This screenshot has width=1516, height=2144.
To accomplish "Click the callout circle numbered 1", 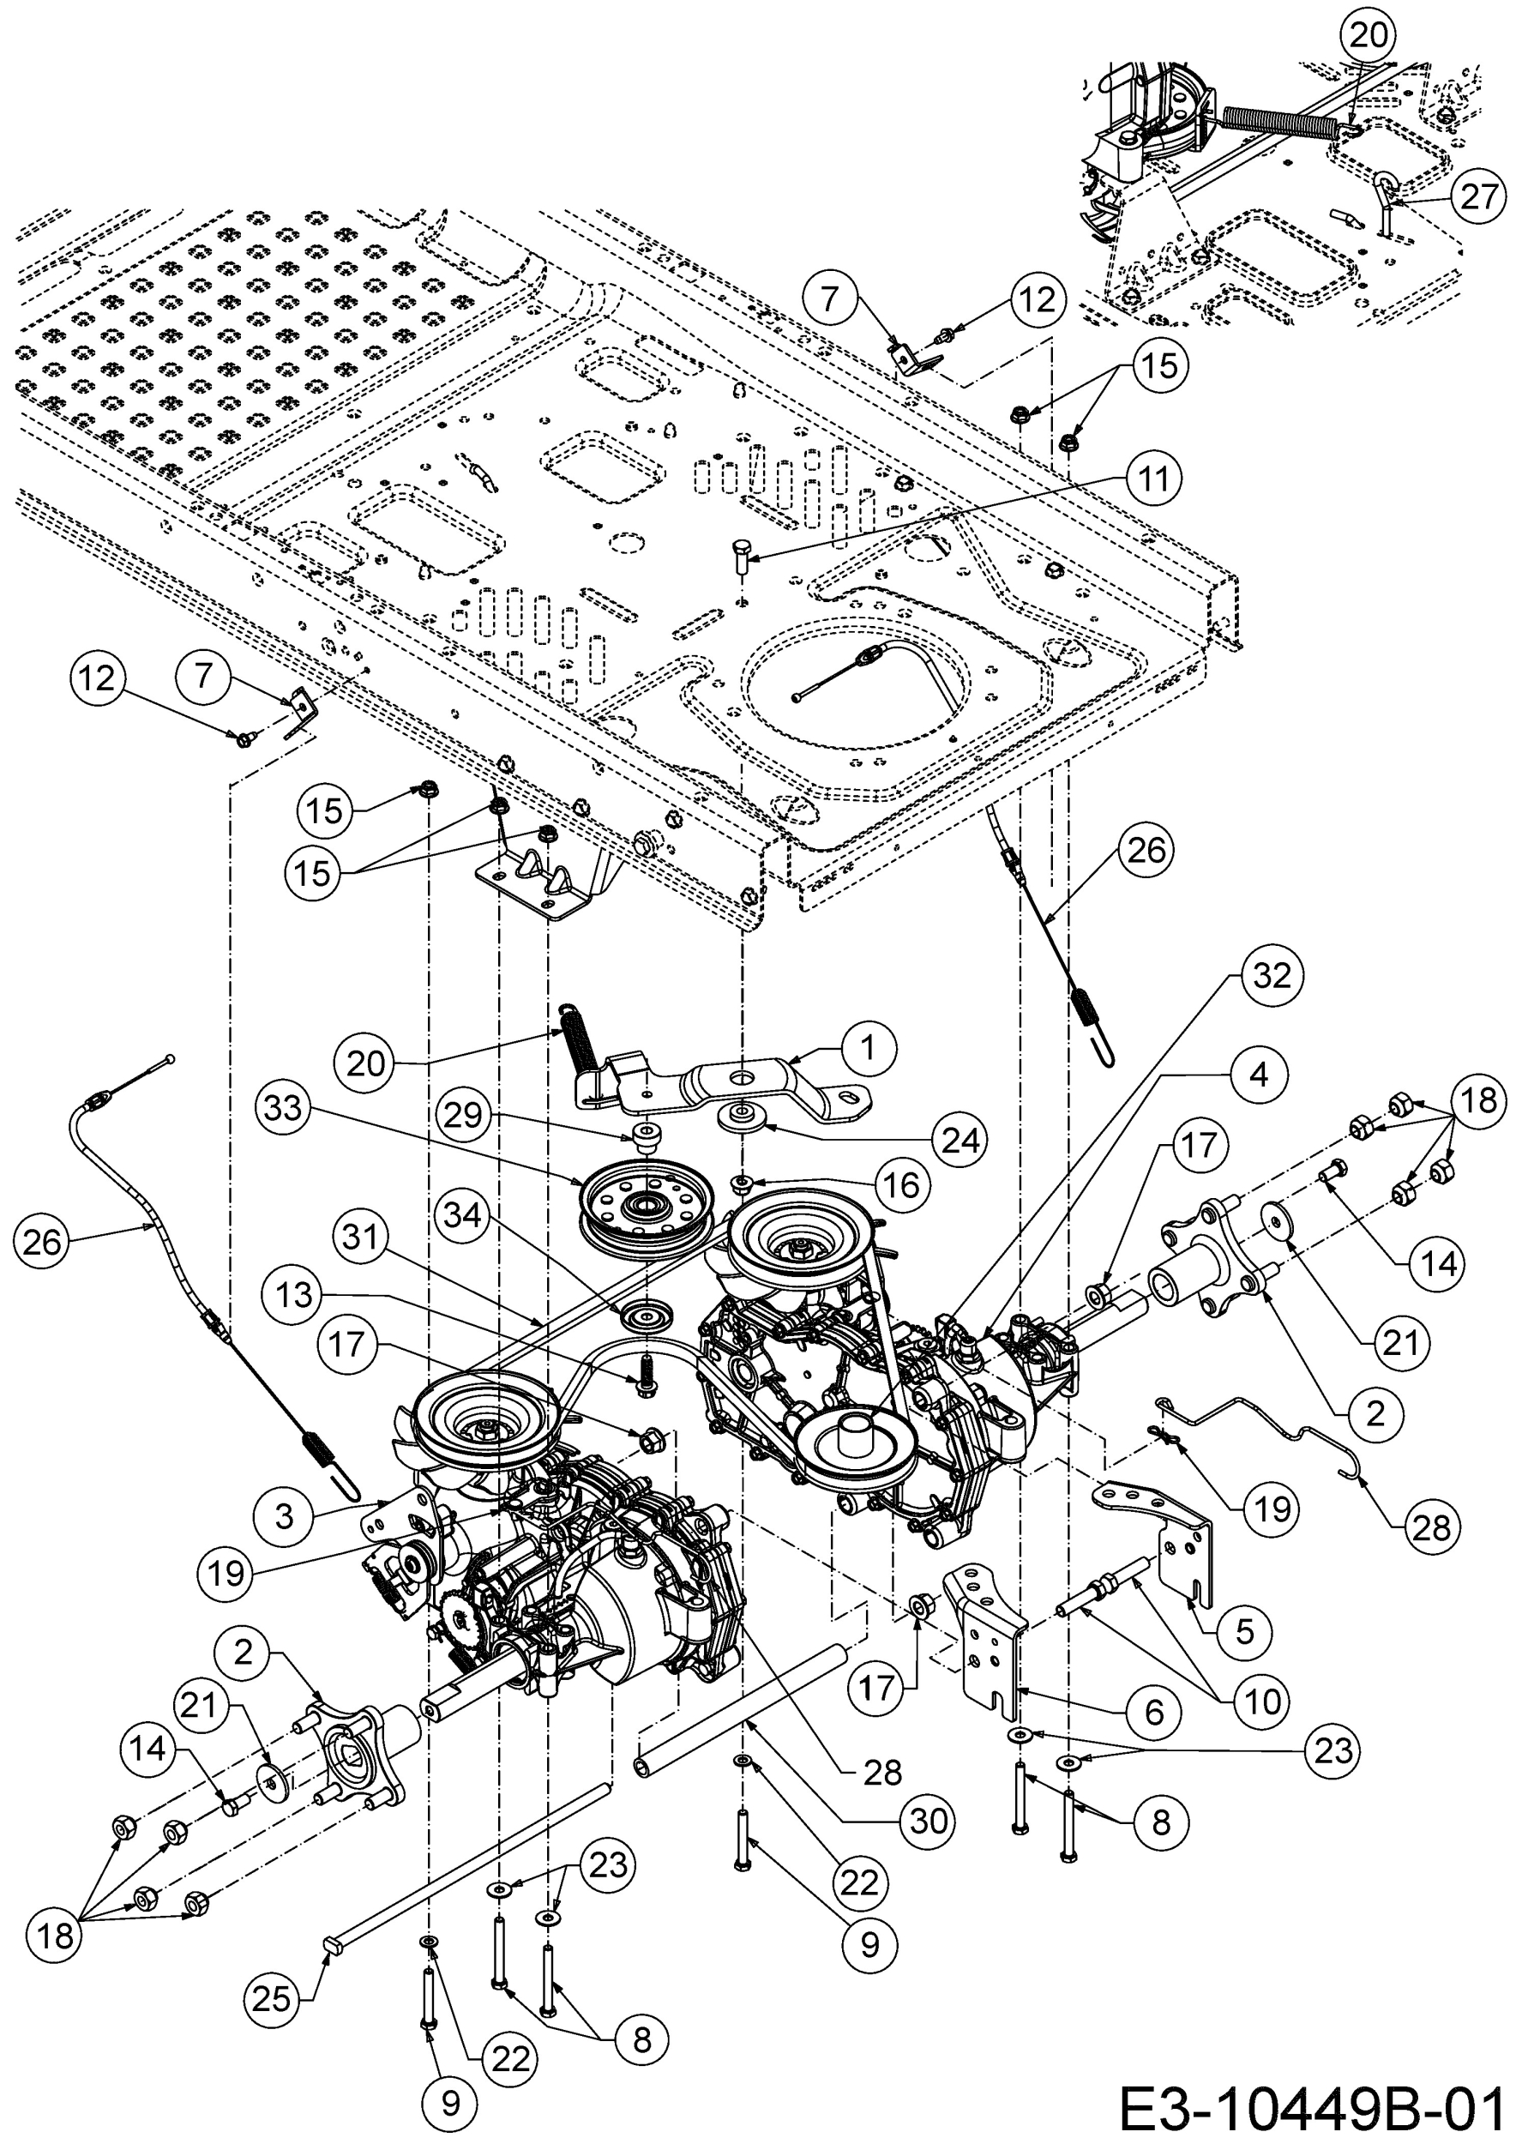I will [868, 1050].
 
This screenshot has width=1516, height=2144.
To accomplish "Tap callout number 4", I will [1259, 1075].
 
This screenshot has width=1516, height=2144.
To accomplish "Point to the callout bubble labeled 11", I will [1154, 479].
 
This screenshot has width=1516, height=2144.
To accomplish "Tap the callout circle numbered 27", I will [1478, 197].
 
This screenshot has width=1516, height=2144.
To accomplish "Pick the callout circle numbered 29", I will [462, 1116].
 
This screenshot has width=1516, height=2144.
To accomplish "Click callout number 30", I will [928, 1820].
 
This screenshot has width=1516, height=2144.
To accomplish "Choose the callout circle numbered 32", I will [1272, 976].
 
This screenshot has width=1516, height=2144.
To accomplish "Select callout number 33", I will [284, 1108].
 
